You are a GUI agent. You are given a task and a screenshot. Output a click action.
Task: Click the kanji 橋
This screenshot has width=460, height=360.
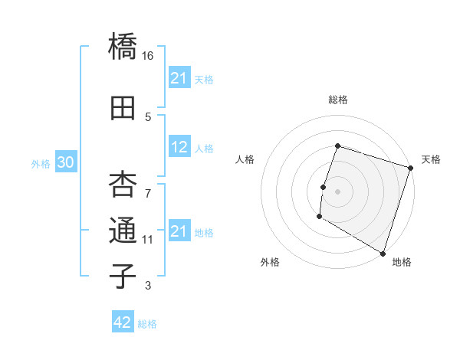click(123, 47)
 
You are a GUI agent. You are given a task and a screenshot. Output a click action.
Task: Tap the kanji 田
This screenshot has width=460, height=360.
click(123, 108)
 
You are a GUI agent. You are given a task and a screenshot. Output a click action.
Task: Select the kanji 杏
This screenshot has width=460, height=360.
click(123, 185)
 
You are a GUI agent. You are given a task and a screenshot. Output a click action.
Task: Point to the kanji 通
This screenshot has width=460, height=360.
click(123, 231)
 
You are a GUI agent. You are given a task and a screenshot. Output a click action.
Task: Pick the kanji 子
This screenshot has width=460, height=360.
click(123, 277)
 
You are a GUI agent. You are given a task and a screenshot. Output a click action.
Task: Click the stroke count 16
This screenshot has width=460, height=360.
click(148, 56)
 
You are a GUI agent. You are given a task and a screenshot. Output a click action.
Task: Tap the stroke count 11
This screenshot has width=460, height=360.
click(148, 240)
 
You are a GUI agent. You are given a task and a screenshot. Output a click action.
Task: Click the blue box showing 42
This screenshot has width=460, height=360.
click(122, 322)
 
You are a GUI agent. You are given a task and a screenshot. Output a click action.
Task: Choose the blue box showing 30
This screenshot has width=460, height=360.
click(65, 163)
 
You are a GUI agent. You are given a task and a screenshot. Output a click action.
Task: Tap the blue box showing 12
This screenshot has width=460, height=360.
click(179, 148)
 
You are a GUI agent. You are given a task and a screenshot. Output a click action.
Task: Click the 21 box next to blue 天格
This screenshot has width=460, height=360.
click(179, 78)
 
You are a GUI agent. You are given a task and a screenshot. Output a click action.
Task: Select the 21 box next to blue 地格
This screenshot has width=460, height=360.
click(179, 231)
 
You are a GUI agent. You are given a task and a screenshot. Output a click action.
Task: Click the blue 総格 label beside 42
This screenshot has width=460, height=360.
click(147, 324)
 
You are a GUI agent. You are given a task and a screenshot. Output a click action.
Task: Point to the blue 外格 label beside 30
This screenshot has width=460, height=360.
click(41, 164)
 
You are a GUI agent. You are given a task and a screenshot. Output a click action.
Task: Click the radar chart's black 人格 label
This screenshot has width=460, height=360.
click(245, 159)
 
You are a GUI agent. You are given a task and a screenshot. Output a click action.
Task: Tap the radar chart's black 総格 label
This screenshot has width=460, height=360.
click(337, 100)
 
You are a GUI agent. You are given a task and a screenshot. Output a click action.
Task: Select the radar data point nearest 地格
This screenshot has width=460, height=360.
click(382, 253)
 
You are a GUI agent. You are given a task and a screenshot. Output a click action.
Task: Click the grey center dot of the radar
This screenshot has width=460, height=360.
click(337, 191)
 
